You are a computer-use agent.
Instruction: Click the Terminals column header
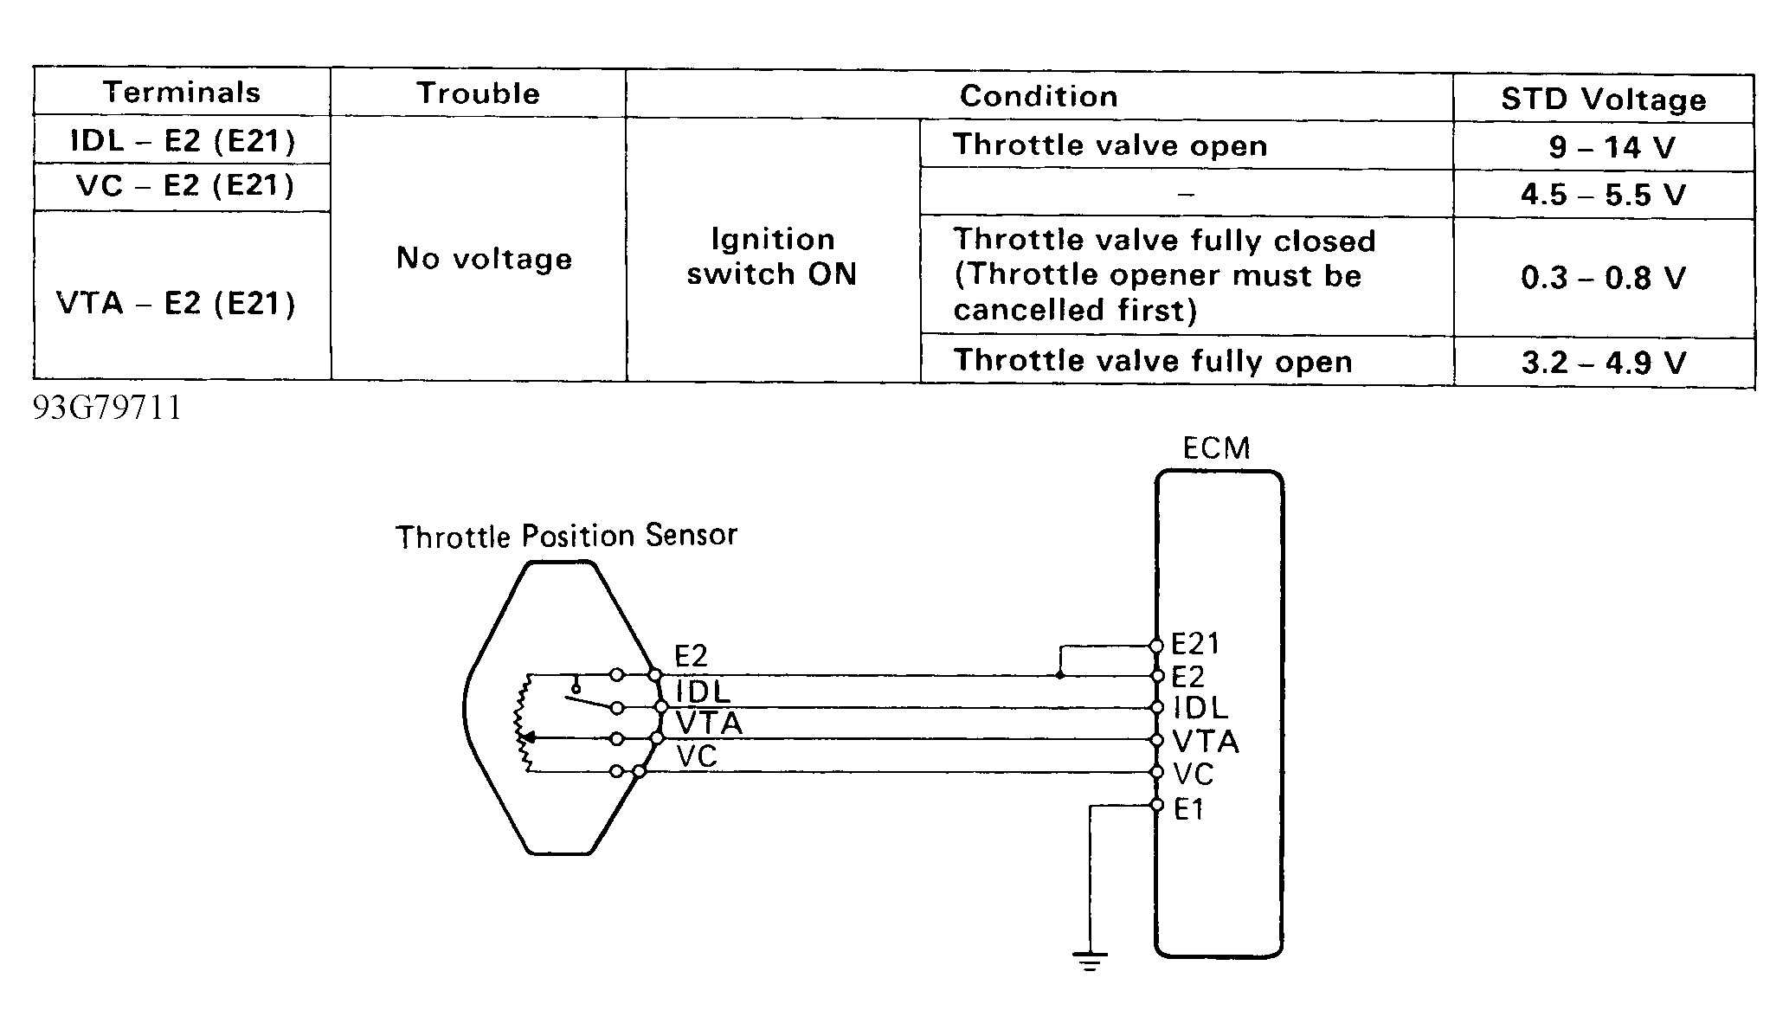[x=182, y=92]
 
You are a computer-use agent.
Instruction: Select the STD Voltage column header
[x=1604, y=100]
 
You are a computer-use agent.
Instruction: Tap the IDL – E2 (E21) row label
[x=183, y=140]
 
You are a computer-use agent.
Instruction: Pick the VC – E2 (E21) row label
[x=185, y=185]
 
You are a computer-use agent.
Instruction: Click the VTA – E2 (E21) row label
[x=176, y=303]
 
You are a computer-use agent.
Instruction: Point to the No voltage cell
[x=484, y=258]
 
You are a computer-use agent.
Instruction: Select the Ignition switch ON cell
[x=772, y=256]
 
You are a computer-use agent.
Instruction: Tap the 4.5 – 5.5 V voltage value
[x=1604, y=194]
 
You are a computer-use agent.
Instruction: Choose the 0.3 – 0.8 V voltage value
[x=1604, y=277]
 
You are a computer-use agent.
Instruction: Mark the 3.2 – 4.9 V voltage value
[x=1604, y=362]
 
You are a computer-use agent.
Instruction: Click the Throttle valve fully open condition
[x=1153, y=361]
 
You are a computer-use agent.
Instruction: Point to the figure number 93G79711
[x=107, y=408]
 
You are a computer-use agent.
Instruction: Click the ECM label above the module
[x=1217, y=448]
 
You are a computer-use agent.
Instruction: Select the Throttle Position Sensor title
[x=566, y=536]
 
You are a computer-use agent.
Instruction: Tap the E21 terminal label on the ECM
[x=1195, y=644]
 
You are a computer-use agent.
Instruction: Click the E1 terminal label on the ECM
[x=1188, y=810]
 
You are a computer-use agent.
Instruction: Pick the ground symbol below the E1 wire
[x=1090, y=961]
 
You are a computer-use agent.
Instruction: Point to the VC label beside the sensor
[x=697, y=756]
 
